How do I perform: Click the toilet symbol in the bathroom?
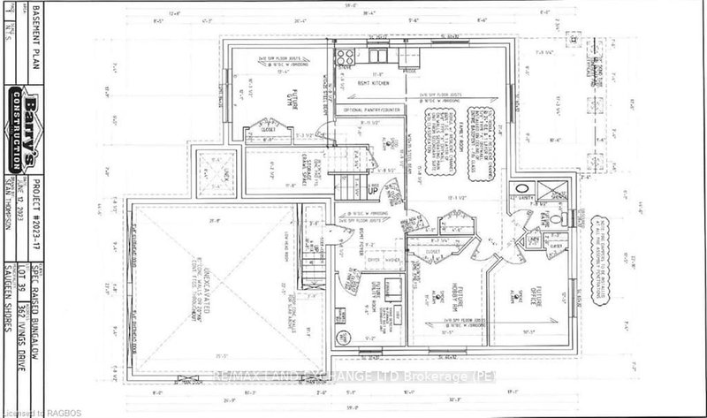(x=557, y=218)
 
